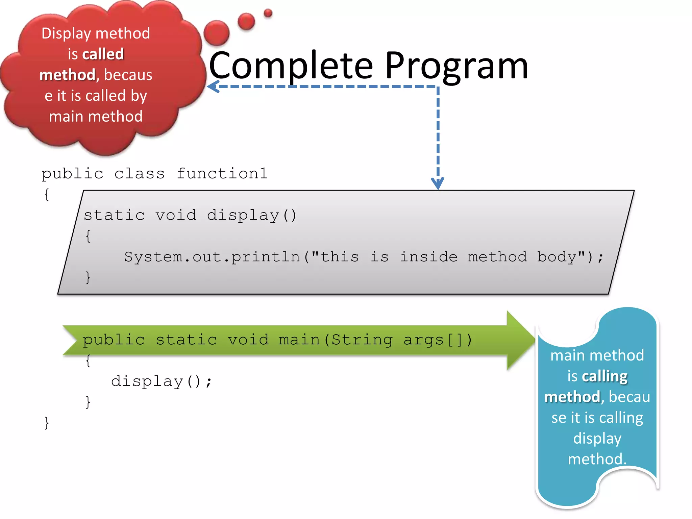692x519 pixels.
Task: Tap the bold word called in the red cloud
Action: (103, 54)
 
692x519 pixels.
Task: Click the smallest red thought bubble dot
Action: (268, 13)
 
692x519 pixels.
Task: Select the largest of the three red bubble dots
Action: (217, 33)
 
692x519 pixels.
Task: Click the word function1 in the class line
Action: (222, 174)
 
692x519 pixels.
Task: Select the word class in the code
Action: (139, 174)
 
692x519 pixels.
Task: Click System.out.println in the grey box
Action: (212, 257)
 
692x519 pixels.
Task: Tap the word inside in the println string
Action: (428, 257)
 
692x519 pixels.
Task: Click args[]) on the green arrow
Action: (438, 340)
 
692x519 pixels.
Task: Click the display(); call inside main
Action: (161, 381)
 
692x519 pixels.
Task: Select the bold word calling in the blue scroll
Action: (604, 376)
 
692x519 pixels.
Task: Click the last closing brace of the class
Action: (47, 423)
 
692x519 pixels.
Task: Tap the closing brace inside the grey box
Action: (88, 277)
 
